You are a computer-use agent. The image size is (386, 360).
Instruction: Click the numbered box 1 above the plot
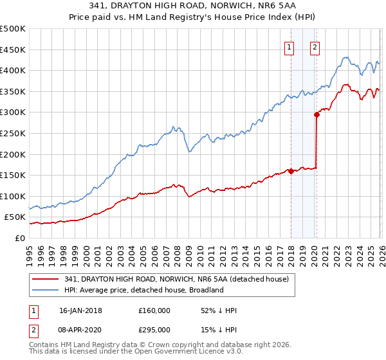click(x=289, y=46)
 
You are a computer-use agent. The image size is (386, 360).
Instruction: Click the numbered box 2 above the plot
click(x=315, y=46)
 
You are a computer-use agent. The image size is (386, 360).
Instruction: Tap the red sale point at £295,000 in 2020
click(x=317, y=115)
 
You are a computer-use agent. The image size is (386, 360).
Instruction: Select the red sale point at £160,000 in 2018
click(x=291, y=171)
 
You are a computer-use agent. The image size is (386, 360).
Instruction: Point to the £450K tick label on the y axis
click(x=14, y=50)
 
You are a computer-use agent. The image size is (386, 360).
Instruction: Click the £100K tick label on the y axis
click(x=14, y=196)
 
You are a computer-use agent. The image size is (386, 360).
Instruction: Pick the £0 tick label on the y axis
click(x=19, y=238)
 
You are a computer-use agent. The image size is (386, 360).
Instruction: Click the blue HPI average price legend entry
click(x=143, y=290)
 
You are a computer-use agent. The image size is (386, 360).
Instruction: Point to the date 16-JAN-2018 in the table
click(x=80, y=310)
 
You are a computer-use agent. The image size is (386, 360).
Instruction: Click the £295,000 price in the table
click(x=154, y=329)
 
